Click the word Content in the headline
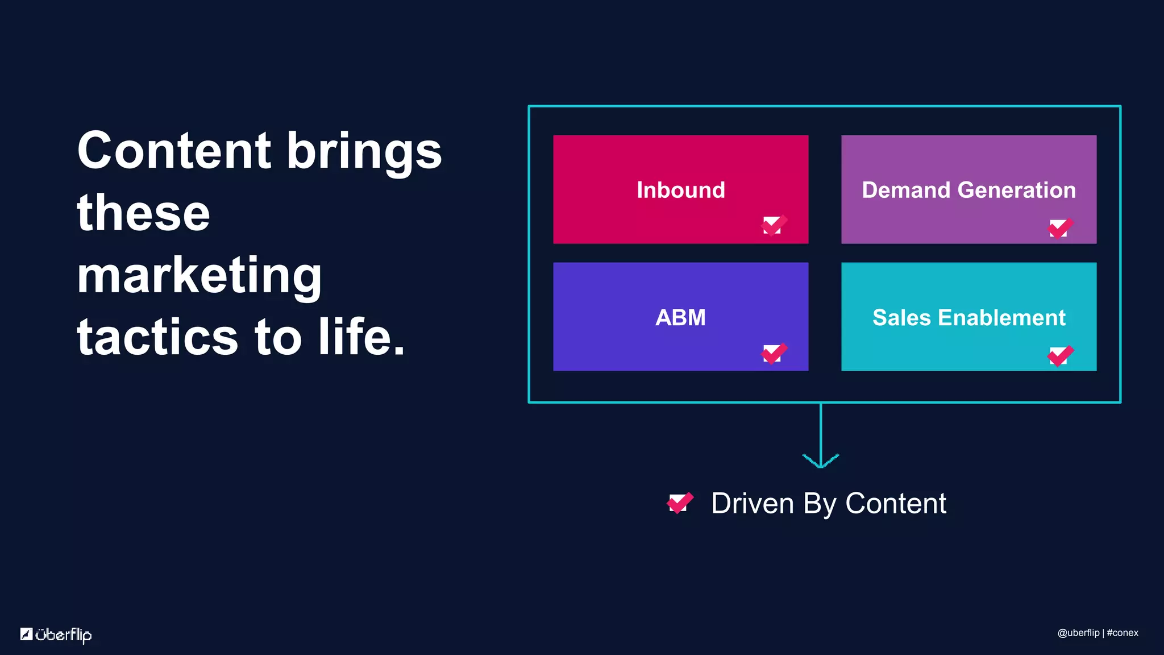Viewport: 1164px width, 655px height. (173, 151)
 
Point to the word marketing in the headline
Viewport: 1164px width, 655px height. (199, 276)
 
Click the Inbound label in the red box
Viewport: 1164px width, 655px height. (681, 190)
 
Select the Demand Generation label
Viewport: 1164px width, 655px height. (968, 190)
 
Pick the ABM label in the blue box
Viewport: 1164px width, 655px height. (680, 317)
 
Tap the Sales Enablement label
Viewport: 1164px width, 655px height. (968, 317)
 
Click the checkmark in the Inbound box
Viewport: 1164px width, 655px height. (774, 225)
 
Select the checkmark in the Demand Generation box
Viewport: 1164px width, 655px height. (1060, 228)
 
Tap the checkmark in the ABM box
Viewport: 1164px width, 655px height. (774, 353)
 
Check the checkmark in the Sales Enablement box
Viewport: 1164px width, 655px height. (1060, 355)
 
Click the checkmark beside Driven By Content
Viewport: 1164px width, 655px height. (680, 503)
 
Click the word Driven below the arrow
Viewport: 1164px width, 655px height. (752, 504)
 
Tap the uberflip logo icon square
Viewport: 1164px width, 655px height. (26, 634)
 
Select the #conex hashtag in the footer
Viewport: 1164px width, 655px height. (1123, 633)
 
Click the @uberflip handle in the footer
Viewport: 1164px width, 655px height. (1078, 633)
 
